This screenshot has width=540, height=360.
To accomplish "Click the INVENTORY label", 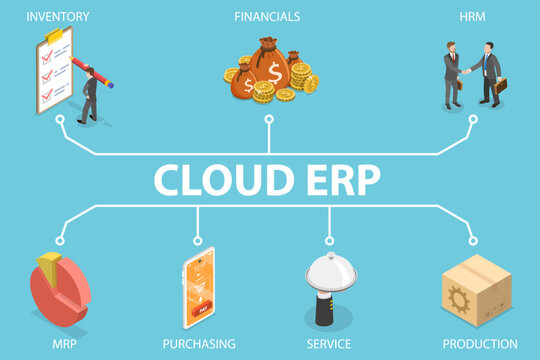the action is [58, 16].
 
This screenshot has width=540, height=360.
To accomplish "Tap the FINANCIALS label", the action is [267, 16].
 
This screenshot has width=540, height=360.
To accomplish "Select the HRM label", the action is [473, 16].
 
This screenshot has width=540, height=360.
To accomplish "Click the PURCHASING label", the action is [198, 344].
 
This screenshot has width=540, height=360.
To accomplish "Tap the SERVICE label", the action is [329, 344].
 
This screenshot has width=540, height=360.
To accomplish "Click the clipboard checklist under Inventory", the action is [53, 71].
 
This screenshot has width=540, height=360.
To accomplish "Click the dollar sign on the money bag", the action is [273, 72].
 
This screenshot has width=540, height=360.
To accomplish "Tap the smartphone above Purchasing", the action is [198, 288].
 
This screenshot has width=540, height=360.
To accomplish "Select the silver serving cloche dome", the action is [329, 269].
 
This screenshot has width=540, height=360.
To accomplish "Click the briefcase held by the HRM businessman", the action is [500, 86].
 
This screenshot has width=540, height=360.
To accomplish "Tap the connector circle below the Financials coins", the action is [268, 119].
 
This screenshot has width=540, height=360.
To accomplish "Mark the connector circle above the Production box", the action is [473, 240].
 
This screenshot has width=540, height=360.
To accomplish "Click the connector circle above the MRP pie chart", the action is [60, 240].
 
